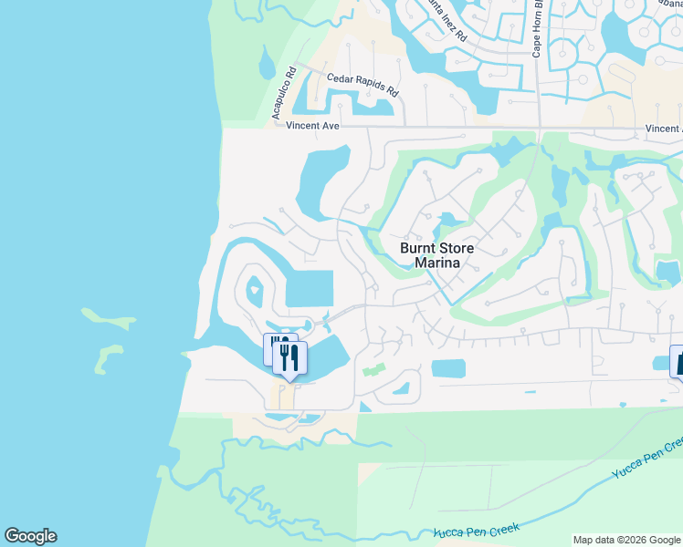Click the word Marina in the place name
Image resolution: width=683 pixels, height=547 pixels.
[x=436, y=263]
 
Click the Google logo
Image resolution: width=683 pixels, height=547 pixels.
[x=30, y=536]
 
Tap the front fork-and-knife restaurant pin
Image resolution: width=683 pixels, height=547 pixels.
[x=289, y=358]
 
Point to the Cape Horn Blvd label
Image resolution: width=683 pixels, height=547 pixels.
[x=539, y=27]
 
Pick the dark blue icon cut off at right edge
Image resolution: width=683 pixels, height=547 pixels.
[x=678, y=361]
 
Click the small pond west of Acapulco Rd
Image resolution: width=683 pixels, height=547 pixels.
[x=266, y=65]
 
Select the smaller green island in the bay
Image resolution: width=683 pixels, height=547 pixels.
[x=108, y=356]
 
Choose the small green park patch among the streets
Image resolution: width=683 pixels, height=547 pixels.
[x=372, y=372]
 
